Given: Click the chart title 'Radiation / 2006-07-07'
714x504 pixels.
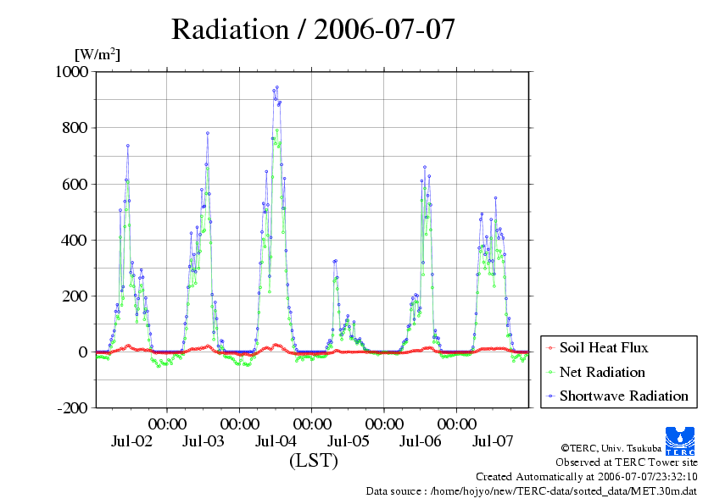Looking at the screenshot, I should [x=314, y=29].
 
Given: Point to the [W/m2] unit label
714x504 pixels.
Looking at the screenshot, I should [x=98, y=55].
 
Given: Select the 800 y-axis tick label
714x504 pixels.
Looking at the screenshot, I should [x=75, y=128].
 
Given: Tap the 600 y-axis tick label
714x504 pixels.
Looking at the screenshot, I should [x=75, y=184].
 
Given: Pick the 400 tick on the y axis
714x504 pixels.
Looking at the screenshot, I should [x=75, y=240].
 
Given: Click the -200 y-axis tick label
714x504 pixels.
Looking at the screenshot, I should [x=72, y=407].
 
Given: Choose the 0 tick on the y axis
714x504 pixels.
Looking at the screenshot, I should [x=84, y=352].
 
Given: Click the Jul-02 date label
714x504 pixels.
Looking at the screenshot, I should [x=131, y=441].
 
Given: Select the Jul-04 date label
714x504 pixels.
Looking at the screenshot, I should [x=276, y=441].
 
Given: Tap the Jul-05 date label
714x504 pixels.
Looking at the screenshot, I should [x=348, y=441].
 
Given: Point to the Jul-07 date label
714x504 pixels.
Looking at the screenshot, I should [x=493, y=441].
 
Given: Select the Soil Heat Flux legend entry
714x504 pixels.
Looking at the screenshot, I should [x=604, y=347].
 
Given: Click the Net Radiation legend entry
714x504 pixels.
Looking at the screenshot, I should [x=602, y=372].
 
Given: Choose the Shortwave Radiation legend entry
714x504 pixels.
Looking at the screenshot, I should [x=623, y=396].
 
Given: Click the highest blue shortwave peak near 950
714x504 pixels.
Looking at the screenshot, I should [x=276, y=87].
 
